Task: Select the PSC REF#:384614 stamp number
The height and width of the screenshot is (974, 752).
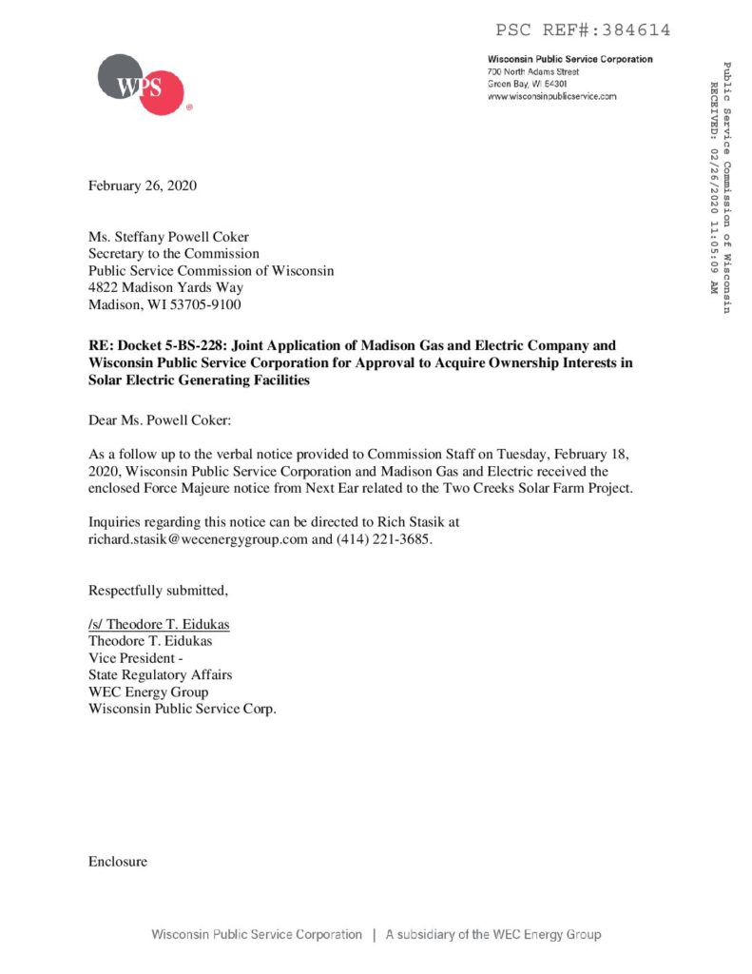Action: [583, 30]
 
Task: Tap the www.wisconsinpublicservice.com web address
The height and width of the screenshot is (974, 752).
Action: [551, 96]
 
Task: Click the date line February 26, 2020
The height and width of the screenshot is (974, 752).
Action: [143, 185]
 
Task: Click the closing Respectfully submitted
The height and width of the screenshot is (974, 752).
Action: [158, 591]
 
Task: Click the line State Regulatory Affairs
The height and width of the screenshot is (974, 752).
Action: [160, 674]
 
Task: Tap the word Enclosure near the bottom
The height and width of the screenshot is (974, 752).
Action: [118, 862]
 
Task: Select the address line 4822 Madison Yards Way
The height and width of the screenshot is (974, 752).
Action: [165, 287]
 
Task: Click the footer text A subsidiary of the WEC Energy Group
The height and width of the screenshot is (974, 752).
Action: [492, 934]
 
